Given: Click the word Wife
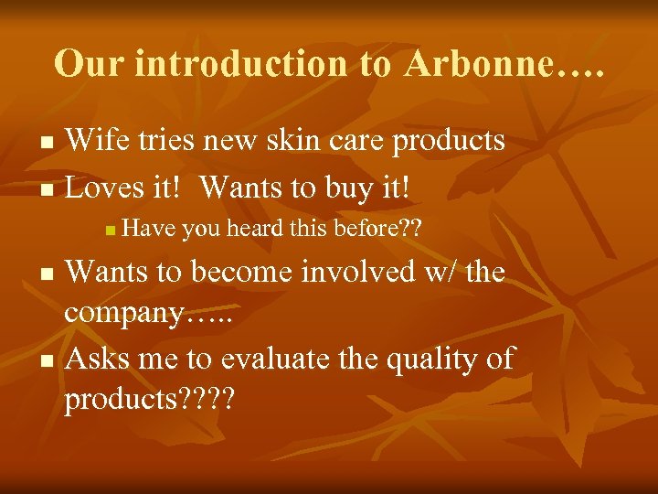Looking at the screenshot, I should tap(101, 140).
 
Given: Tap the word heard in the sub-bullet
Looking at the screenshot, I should tap(251, 230).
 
